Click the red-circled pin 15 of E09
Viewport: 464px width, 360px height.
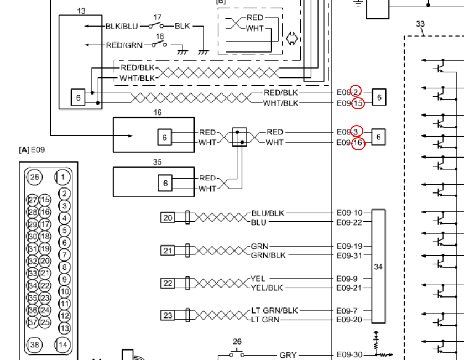pyautogui.click(x=358, y=103)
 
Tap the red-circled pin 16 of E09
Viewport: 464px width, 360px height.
pyautogui.click(x=358, y=143)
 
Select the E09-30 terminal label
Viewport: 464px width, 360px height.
pyautogui.click(x=350, y=354)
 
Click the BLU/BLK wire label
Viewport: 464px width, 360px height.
pyautogui.click(x=268, y=213)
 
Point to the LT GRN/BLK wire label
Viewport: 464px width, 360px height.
pyautogui.click(x=274, y=311)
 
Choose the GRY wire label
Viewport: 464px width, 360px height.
pyautogui.click(x=288, y=355)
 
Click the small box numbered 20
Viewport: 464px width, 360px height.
pyautogui.click(x=168, y=218)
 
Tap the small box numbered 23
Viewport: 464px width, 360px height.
pyautogui.click(x=168, y=315)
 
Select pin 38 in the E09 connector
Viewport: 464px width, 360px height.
pyautogui.click(x=35, y=345)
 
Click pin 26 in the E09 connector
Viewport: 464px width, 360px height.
pyautogui.click(x=35, y=177)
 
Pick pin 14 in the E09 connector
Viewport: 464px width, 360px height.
pyautogui.click(x=62, y=345)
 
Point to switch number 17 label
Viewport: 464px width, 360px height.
pyautogui.click(x=157, y=18)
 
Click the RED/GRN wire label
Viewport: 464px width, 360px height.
pyautogui.click(x=124, y=45)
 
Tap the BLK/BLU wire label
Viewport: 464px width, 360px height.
pyautogui.click(x=122, y=27)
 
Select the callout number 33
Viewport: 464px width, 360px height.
pyautogui.click(x=420, y=24)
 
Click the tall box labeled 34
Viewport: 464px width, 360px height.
pyautogui.click(x=378, y=266)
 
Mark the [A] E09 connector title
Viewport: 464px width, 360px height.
pyautogui.click(x=32, y=150)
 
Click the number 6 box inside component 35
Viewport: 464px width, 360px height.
pyautogui.click(x=165, y=183)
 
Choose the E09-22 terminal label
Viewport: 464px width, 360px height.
pyautogui.click(x=350, y=222)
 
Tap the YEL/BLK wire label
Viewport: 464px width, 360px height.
pyautogui.click(x=267, y=288)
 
